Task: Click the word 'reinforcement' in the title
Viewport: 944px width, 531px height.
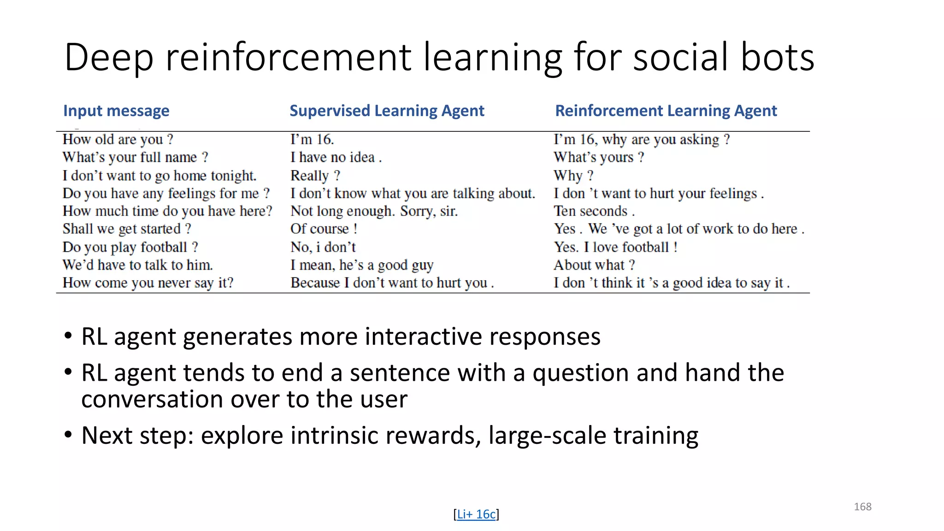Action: [x=288, y=58]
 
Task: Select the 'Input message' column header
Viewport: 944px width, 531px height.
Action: [x=116, y=111]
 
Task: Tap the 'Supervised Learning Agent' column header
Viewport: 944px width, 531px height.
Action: [x=387, y=111]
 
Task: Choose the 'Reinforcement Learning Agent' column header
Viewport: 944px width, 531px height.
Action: [x=666, y=111]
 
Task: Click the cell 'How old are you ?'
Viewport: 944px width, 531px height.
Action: [x=118, y=139]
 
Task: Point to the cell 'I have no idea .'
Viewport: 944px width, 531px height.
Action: [x=336, y=157]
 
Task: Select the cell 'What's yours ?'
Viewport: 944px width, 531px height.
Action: [x=598, y=157]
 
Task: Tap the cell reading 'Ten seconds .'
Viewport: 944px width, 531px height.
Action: [x=594, y=211]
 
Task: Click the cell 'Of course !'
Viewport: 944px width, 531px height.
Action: [x=324, y=229]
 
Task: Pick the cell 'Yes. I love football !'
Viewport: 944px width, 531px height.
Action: [x=615, y=247]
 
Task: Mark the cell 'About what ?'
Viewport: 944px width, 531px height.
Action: [x=594, y=265]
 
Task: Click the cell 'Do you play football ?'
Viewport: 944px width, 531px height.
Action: [x=130, y=247]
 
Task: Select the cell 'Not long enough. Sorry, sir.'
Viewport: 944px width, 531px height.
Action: [x=374, y=211]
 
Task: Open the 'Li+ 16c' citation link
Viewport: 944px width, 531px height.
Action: [x=476, y=514]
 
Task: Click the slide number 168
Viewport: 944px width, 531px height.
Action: [x=862, y=507]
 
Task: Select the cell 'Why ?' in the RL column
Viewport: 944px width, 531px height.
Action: [x=573, y=176]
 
